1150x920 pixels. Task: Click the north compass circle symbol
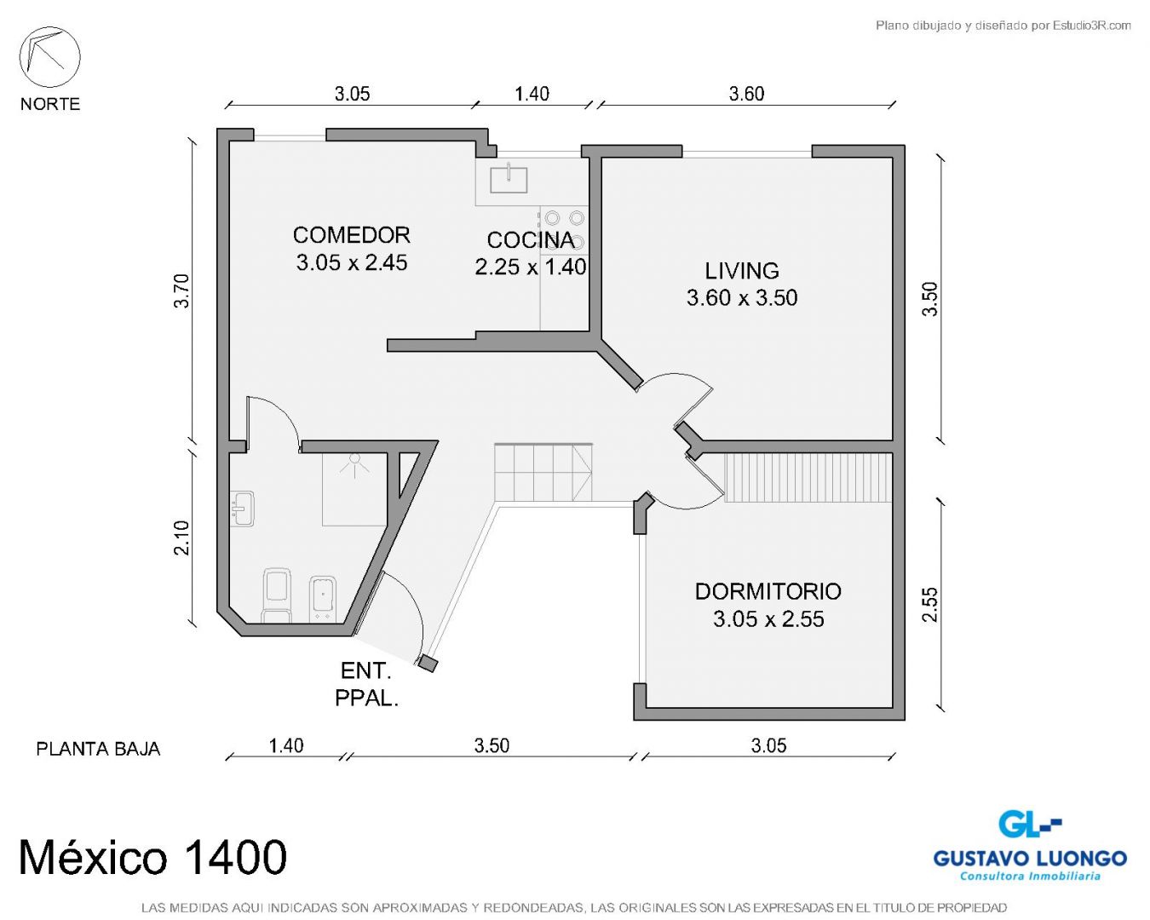[x=49, y=57]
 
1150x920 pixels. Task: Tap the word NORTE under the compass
[x=50, y=104]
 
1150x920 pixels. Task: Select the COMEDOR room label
[x=352, y=235]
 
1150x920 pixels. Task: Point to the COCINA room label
[x=531, y=240]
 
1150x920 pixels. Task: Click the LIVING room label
[x=742, y=271]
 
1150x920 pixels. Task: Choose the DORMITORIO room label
[x=768, y=591]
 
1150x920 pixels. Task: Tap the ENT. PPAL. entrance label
[x=366, y=684]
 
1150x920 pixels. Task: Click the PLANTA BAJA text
[x=98, y=749]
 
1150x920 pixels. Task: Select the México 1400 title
[x=152, y=857]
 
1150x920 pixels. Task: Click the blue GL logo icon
[x=1029, y=824]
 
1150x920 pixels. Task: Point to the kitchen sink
[x=509, y=180]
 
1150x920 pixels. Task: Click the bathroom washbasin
[x=242, y=509]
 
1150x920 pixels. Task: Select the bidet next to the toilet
[x=323, y=599]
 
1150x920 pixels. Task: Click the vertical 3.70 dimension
[x=182, y=290]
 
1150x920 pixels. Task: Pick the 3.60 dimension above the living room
[x=746, y=94]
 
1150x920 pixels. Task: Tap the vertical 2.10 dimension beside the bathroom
[x=182, y=538]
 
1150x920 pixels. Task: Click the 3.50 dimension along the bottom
[x=492, y=745]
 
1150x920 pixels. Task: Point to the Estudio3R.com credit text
[x=1003, y=25]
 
